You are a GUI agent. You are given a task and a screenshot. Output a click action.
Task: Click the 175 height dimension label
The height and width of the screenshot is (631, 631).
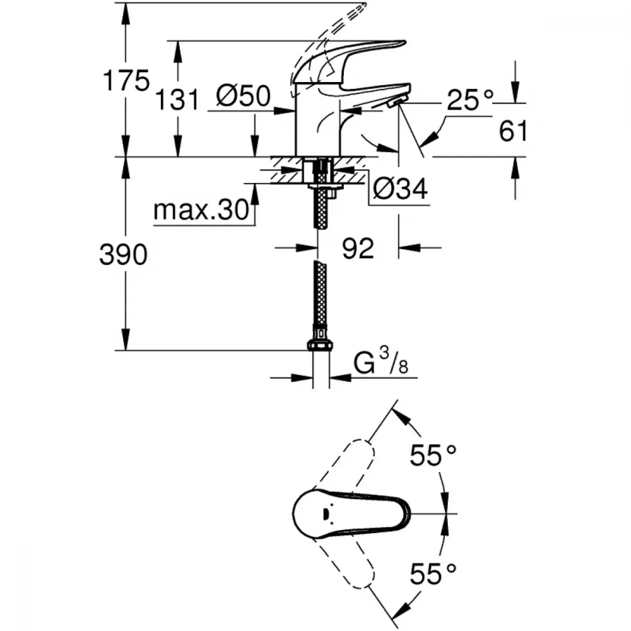(x=126, y=81)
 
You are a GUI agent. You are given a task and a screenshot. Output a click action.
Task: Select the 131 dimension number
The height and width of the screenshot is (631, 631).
(x=177, y=100)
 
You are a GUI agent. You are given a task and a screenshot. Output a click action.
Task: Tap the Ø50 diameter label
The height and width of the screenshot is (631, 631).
(x=244, y=96)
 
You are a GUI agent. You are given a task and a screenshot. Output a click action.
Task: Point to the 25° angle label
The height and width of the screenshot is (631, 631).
(x=470, y=100)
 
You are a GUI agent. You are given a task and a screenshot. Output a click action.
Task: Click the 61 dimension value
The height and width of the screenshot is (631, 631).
(x=512, y=131)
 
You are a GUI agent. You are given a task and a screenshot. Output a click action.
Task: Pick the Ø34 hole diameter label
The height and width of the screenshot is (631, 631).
(x=401, y=188)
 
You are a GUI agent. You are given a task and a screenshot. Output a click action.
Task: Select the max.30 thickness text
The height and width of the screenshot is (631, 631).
(x=201, y=209)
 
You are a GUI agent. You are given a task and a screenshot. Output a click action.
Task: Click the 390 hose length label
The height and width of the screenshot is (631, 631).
(x=124, y=254)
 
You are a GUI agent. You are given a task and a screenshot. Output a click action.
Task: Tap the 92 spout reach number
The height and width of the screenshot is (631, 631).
(x=358, y=248)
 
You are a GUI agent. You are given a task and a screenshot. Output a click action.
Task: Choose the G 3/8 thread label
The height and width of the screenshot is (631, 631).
(x=380, y=362)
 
